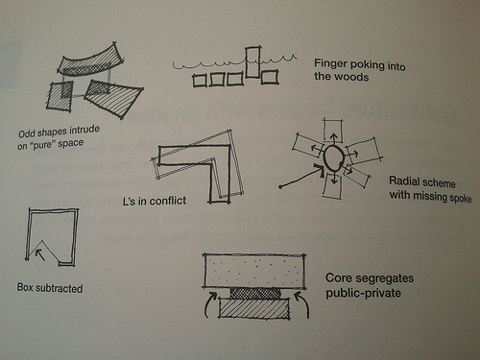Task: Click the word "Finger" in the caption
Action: (330, 63)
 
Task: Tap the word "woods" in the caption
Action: (355, 77)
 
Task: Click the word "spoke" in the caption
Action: (461, 199)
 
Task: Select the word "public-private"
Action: (363, 293)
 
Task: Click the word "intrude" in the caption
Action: (84, 131)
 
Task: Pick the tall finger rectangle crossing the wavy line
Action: (252, 62)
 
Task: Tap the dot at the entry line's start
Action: (280, 187)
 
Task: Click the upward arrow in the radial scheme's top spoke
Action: (333, 139)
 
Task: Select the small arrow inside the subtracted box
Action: (40, 254)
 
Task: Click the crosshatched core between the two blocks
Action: (255, 293)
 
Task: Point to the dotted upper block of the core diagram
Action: (254, 271)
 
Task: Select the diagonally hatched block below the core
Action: (254, 308)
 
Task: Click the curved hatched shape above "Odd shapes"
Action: (91, 60)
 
